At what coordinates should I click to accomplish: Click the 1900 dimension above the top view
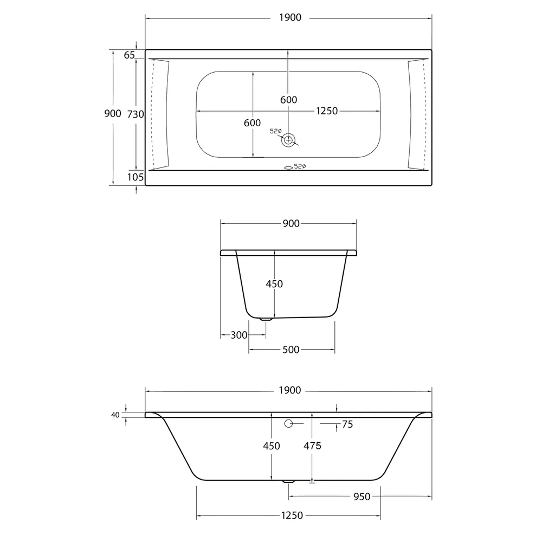[291, 18]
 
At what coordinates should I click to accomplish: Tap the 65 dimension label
[130, 55]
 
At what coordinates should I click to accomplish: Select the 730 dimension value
[135, 114]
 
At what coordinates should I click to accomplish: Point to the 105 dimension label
[135, 177]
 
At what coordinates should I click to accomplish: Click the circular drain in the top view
[288, 140]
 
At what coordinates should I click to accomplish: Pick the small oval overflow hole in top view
[288, 167]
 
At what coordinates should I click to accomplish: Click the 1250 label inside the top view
[327, 111]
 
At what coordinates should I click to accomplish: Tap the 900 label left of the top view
[113, 113]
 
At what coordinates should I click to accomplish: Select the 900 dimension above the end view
[291, 224]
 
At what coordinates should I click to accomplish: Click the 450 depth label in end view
[274, 284]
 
